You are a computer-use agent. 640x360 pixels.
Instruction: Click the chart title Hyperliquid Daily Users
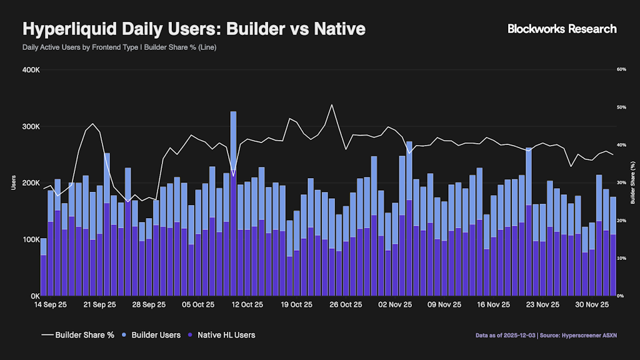click(x=194, y=29)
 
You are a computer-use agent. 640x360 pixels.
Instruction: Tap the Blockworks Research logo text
click(x=562, y=29)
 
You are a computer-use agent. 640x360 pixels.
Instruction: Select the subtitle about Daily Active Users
click(x=119, y=47)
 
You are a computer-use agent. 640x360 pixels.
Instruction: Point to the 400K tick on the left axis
click(x=31, y=69)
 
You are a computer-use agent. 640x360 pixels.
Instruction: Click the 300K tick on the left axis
click(x=31, y=126)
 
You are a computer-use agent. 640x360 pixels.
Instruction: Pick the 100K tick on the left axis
click(x=31, y=239)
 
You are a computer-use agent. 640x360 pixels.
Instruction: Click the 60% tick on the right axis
click(x=621, y=69)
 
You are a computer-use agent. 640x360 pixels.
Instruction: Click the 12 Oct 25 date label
click(x=247, y=305)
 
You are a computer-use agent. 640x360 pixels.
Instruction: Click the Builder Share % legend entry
click(x=77, y=335)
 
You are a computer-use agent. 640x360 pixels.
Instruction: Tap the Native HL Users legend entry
click(x=222, y=335)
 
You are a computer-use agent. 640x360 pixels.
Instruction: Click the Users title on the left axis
click(x=14, y=182)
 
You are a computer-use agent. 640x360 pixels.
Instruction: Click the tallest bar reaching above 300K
click(x=233, y=144)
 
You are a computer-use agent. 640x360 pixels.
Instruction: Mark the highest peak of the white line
click(x=331, y=104)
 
